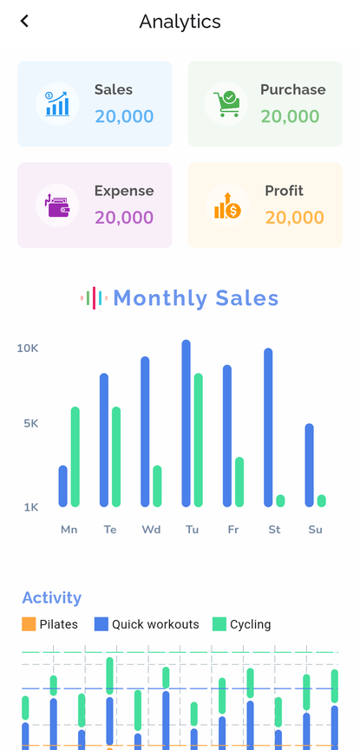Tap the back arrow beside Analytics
24,21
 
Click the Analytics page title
180,22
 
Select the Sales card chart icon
57,104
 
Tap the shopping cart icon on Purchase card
226,104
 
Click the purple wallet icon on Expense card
57,205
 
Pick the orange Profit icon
226,205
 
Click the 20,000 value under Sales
124,116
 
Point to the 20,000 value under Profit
295,218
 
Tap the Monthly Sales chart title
195,298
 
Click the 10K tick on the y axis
28,348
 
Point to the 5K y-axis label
30,423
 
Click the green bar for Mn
75,456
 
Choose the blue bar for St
268,427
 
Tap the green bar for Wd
157,486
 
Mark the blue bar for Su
310,465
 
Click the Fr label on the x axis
233,529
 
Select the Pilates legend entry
50,624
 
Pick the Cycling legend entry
242,624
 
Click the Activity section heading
52,597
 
